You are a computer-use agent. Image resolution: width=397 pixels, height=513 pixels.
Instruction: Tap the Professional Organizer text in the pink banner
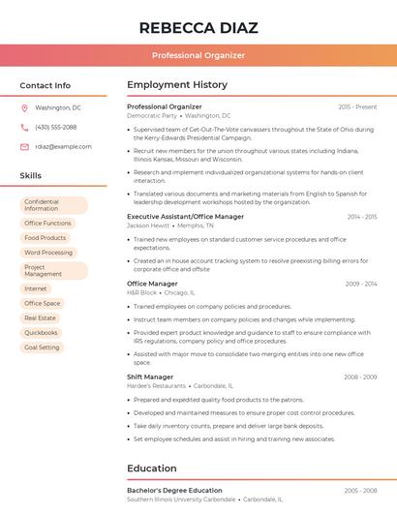tap(198, 55)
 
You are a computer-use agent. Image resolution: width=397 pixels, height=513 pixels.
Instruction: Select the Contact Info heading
tap(45, 85)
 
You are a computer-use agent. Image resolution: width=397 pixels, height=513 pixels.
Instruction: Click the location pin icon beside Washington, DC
tap(24, 107)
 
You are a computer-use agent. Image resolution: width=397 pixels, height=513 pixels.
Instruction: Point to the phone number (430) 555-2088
tap(55, 127)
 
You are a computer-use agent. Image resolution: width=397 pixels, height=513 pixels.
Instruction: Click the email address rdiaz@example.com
tap(63, 146)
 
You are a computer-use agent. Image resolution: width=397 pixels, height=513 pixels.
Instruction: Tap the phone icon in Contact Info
tap(24, 127)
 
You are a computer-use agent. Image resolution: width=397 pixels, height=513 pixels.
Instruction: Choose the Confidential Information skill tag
tap(53, 205)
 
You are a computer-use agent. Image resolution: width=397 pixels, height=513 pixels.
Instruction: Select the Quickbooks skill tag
tap(42, 332)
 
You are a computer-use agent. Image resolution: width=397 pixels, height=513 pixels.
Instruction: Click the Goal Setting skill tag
tap(43, 347)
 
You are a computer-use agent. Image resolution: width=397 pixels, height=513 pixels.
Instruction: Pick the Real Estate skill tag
tap(41, 317)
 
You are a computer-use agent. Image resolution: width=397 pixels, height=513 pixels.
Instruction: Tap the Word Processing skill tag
tap(48, 253)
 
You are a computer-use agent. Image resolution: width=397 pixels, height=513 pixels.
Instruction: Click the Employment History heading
tap(177, 85)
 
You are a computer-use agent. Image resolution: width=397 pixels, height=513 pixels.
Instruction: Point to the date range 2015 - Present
tap(357, 106)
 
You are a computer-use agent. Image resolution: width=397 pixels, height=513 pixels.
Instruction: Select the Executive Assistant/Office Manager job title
tap(185, 217)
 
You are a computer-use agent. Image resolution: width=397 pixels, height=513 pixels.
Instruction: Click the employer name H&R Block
tap(141, 291)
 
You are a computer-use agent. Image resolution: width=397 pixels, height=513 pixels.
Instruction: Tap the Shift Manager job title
tap(150, 377)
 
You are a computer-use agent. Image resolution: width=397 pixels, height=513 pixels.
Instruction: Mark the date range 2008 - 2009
tap(360, 377)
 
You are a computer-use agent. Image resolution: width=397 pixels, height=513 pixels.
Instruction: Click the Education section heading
tap(151, 468)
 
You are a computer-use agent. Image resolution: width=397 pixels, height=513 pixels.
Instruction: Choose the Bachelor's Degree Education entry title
tap(174, 491)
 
